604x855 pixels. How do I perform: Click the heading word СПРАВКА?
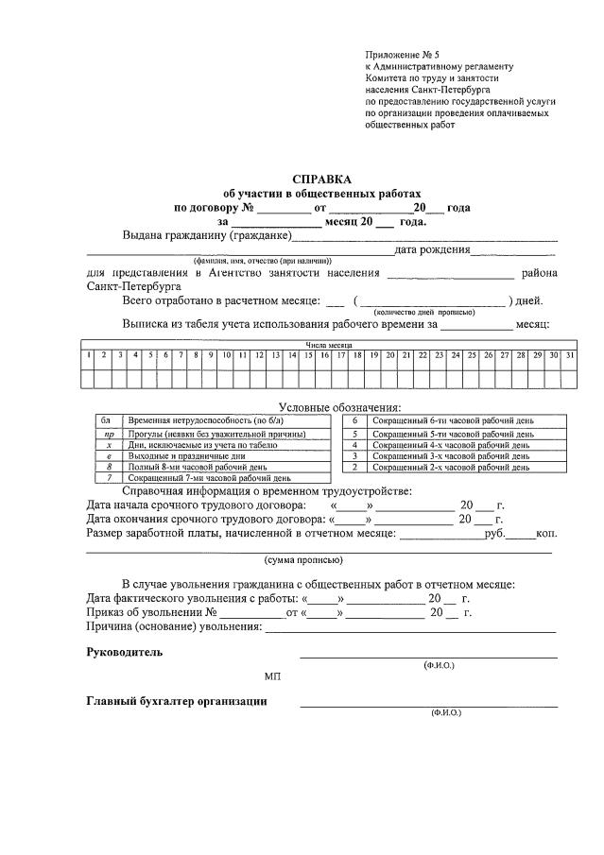click(x=321, y=179)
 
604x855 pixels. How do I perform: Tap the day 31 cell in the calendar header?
click(x=569, y=355)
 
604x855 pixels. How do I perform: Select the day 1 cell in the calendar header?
click(x=88, y=355)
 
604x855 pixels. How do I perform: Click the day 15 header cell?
click(x=308, y=355)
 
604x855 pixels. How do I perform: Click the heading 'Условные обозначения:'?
click(x=327, y=406)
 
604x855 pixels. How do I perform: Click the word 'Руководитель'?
click(x=124, y=652)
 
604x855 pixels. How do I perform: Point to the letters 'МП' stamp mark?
click(x=272, y=677)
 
